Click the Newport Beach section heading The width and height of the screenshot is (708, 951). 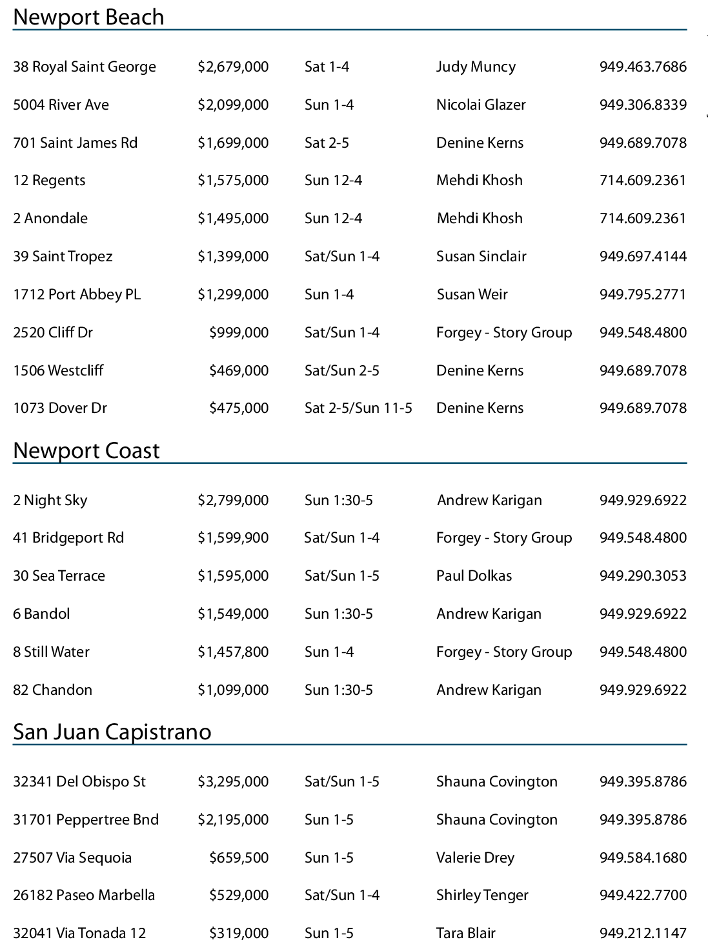click(x=88, y=17)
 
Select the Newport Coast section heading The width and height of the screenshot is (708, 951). click(x=86, y=450)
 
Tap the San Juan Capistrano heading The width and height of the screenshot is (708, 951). click(x=112, y=732)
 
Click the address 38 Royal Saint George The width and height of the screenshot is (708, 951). click(x=85, y=67)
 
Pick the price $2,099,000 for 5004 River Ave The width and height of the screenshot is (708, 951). click(x=233, y=105)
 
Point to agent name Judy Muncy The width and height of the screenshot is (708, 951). click(x=476, y=67)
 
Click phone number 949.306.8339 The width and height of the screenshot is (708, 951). click(x=643, y=105)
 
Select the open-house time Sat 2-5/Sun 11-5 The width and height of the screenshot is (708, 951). click(x=358, y=408)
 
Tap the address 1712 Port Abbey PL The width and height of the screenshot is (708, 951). click(x=77, y=295)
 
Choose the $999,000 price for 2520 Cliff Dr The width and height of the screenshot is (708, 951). click(x=239, y=333)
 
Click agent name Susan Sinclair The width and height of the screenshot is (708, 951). click(x=481, y=257)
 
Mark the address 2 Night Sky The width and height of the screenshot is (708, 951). click(x=50, y=501)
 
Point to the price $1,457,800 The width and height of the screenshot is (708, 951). click(x=233, y=652)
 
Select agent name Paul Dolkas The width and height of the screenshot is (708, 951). click(x=474, y=576)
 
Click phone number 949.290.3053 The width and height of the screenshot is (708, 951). click(x=643, y=576)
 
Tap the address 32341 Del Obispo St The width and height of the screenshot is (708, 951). click(x=79, y=782)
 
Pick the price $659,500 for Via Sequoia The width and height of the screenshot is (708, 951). click(x=239, y=858)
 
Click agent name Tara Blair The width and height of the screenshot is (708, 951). click(x=465, y=934)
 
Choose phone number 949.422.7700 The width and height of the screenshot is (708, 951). click(x=643, y=896)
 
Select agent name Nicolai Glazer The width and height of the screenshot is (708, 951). click(x=481, y=105)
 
